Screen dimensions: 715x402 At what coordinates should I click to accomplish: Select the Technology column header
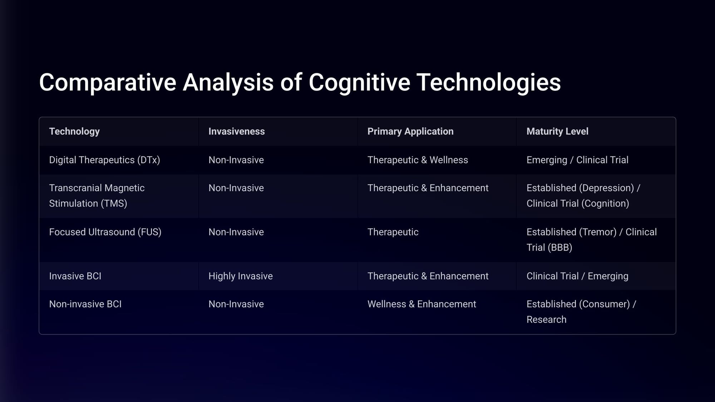(x=74, y=131)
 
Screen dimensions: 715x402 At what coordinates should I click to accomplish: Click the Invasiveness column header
(x=237, y=131)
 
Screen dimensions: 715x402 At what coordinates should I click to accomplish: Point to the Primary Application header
(x=410, y=131)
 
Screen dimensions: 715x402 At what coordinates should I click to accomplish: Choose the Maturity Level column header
(x=557, y=131)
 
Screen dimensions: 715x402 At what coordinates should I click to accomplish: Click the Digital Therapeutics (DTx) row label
(x=104, y=160)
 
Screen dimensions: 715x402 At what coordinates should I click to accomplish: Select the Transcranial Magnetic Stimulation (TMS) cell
(x=97, y=196)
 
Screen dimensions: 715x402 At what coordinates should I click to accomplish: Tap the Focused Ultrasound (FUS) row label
(x=105, y=232)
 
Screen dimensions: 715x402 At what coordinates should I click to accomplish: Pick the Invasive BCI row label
(x=75, y=276)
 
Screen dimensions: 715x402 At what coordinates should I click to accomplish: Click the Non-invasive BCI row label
(x=85, y=304)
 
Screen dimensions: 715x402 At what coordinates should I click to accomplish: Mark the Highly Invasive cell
(x=241, y=276)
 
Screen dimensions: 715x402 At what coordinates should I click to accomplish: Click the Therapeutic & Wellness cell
(x=418, y=160)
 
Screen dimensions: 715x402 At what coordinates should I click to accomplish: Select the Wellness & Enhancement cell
(x=422, y=304)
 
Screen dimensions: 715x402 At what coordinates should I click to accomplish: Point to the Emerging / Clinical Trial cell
(x=577, y=160)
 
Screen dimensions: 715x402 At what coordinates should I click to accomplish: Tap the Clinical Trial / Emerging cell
(x=577, y=276)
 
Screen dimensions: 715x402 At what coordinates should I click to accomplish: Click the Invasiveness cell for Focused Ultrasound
(x=236, y=232)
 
